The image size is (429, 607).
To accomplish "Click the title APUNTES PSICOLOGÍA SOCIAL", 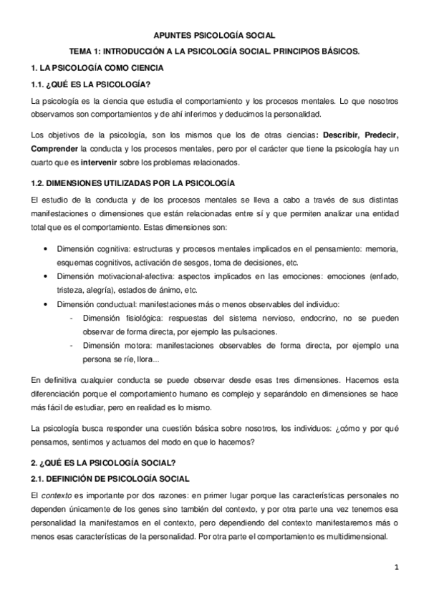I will [214, 34].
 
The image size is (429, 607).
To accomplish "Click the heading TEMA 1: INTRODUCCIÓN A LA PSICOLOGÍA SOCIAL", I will [214, 52].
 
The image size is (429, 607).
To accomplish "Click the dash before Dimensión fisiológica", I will [70, 319].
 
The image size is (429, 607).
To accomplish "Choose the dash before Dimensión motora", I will [70, 346].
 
